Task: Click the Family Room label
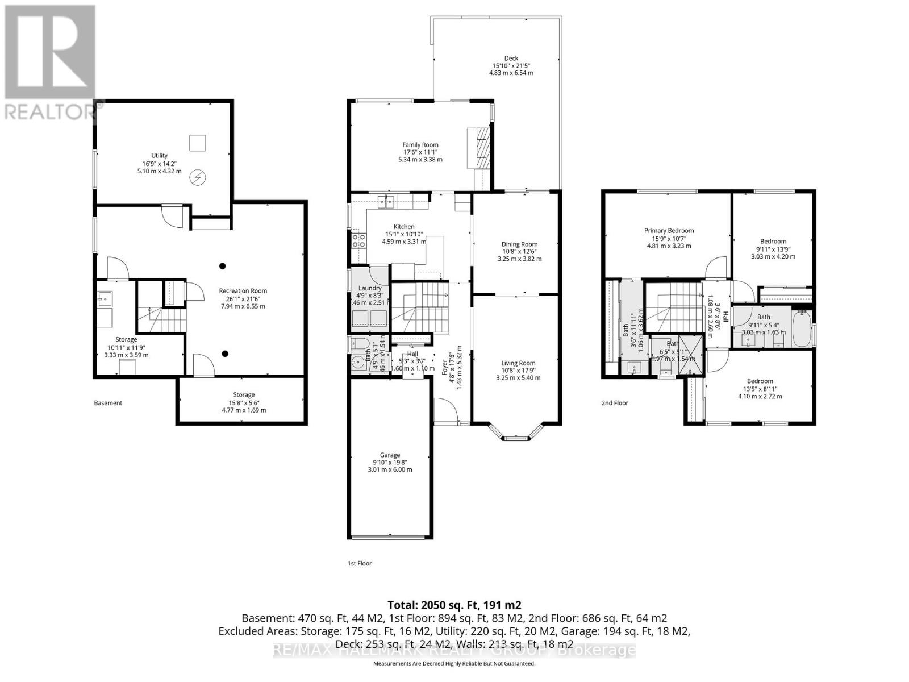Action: [420, 145]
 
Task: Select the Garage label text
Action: [390, 455]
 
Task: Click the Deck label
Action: [511, 58]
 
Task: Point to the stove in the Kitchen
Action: [358, 240]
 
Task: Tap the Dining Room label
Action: [519, 244]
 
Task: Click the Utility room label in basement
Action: [159, 156]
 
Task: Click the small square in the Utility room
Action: [198, 143]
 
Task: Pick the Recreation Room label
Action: [243, 291]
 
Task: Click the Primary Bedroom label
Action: [669, 231]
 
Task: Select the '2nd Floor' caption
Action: [615, 403]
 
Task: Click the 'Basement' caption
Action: [108, 403]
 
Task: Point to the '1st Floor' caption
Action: [360, 563]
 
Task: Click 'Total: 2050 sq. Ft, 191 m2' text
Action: [454, 605]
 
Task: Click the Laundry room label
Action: [370, 288]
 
